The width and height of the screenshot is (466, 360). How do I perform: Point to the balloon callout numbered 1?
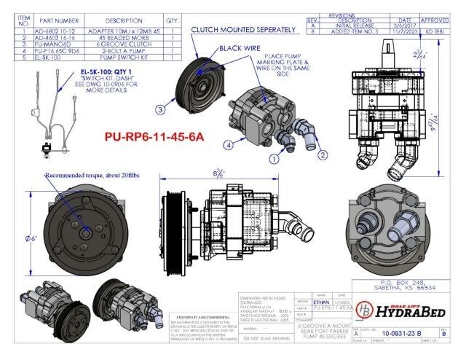(274, 157)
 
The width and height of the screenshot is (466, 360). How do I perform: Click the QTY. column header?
(173, 20)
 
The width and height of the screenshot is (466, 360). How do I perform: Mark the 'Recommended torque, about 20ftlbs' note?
(85, 176)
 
